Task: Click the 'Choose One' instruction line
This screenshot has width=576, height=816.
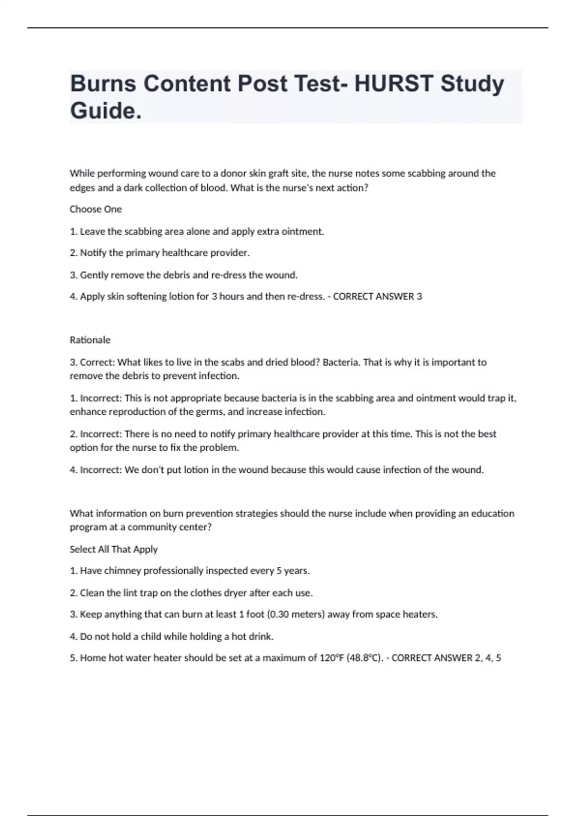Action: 96,209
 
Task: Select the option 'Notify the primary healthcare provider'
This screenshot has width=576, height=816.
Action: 159,252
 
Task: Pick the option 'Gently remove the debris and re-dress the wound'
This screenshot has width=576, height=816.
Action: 184,275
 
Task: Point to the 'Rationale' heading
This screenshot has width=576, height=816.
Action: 90,340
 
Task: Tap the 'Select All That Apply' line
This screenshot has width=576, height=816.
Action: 113,549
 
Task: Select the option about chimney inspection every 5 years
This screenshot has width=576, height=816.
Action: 190,571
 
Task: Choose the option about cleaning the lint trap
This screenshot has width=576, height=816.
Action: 191,593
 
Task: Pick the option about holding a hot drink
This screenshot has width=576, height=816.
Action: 171,636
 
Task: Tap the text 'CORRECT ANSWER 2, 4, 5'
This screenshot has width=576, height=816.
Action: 446,658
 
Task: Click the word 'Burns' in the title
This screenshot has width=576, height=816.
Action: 103,84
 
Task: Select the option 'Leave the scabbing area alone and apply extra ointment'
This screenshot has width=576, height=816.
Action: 197,231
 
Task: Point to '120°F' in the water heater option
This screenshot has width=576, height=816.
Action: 331,658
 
